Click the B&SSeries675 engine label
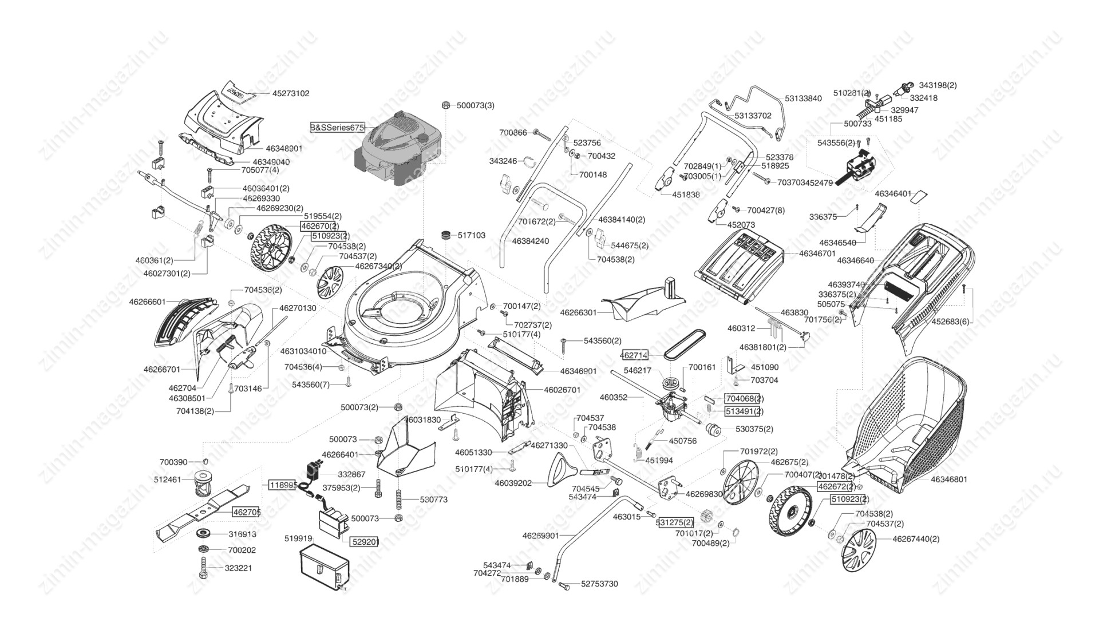point(337,127)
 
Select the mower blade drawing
point(203,511)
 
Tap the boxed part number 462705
point(246,512)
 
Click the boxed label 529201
point(365,541)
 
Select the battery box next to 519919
point(324,566)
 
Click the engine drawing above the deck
point(400,149)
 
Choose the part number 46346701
point(817,253)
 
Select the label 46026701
point(562,390)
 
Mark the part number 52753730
point(599,584)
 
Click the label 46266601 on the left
point(147,302)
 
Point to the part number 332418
point(923,98)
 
